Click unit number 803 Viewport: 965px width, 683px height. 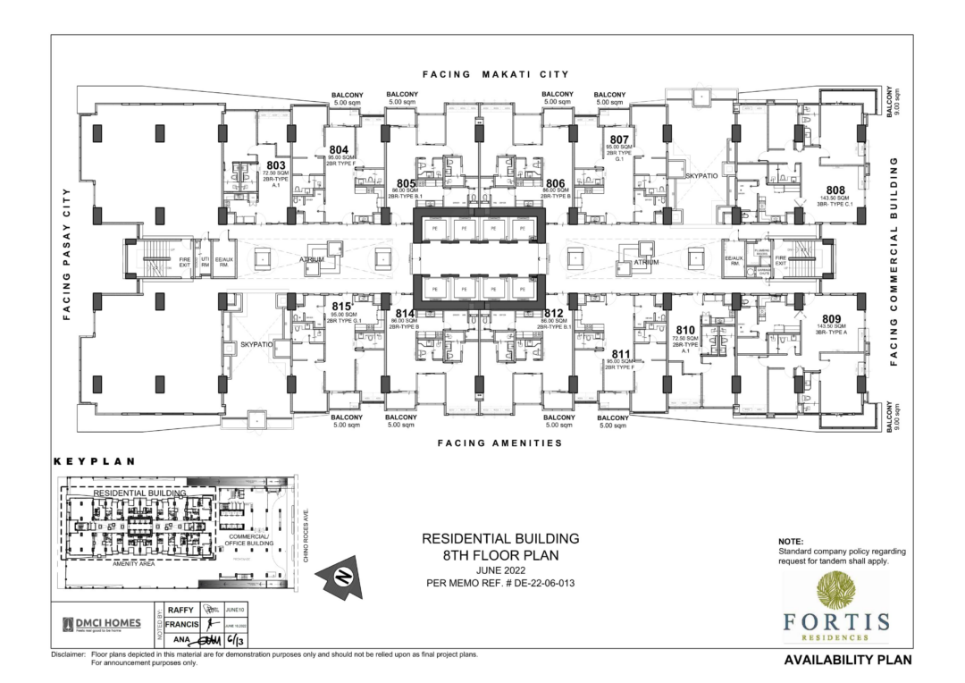pyautogui.click(x=275, y=165)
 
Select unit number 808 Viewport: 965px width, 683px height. pyautogui.click(x=835, y=190)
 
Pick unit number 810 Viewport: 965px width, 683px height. pyautogui.click(x=686, y=330)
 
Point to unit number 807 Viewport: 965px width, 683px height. pyautogui.click(x=620, y=140)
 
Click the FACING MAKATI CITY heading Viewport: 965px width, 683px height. pyautogui.click(x=497, y=74)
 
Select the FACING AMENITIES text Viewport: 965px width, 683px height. pyautogui.click(x=499, y=443)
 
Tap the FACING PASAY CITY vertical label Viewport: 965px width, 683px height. pyautogui.click(x=66, y=254)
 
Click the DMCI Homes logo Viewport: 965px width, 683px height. pyautogui.click(x=101, y=624)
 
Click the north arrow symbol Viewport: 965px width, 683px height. pyautogui.click(x=340, y=577)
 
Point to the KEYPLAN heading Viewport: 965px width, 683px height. pyautogui.click(x=95, y=462)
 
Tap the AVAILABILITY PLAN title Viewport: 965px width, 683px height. pyautogui.click(x=847, y=661)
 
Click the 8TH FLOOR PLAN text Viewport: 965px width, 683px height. pyautogui.click(x=499, y=554)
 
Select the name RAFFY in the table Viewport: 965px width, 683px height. pyautogui.click(x=180, y=609)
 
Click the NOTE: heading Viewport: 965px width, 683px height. pyautogui.click(x=791, y=542)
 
